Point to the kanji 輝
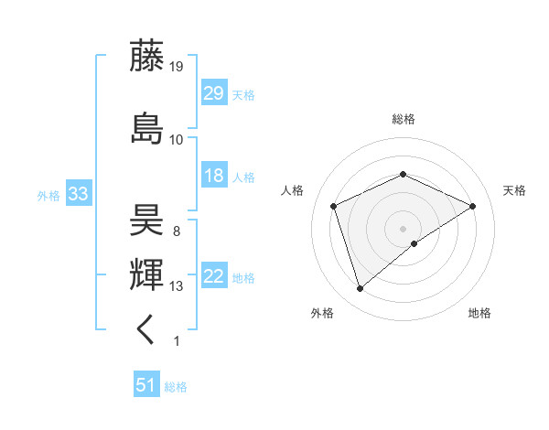coord(147,274)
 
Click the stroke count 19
coord(177,66)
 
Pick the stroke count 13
coord(177,286)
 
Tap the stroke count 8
coord(176,231)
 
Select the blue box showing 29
coord(213,93)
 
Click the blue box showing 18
coord(213,176)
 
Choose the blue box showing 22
coord(213,276)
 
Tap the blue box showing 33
coord(78,195)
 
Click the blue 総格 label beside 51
coord(176,387)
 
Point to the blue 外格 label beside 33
coord(48,196)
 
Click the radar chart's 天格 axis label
coord(514,190)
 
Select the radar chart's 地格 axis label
coord(479,314)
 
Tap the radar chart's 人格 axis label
coord(293,190)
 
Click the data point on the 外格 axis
coord(360,289)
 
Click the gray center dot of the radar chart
coord(403,229)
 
